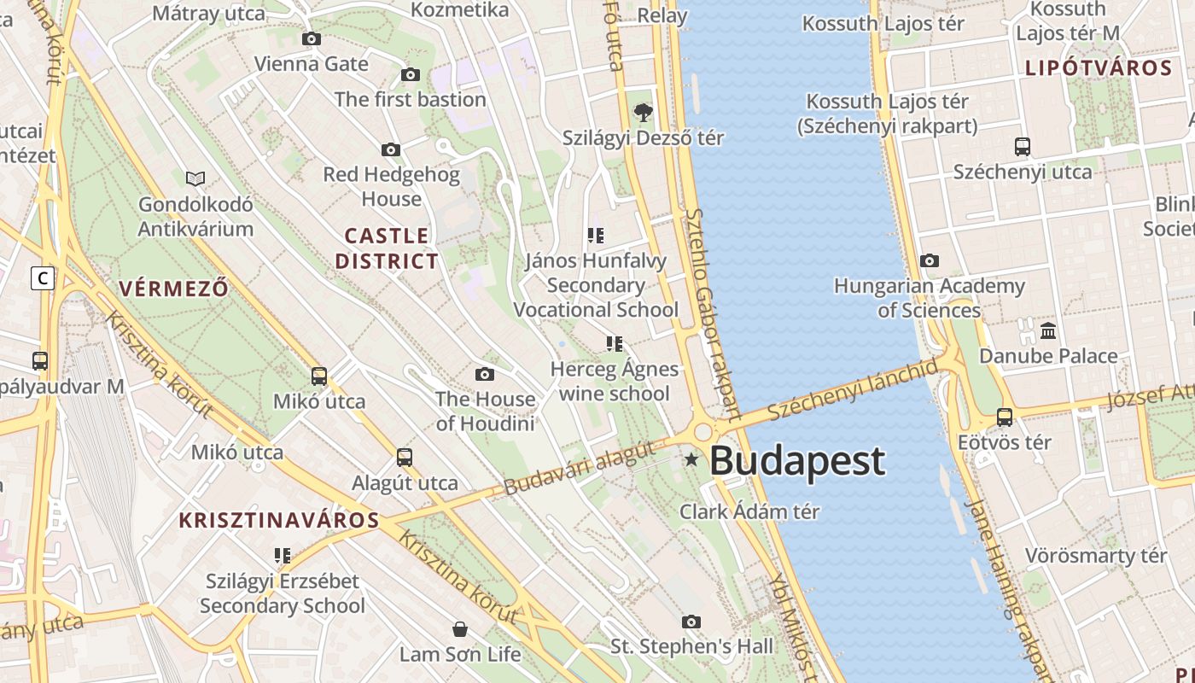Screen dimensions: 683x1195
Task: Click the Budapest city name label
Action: [x=796, y=461]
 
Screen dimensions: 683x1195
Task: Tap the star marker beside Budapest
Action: [x=691, y=460]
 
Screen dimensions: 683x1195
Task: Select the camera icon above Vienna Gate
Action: [x=312, y=38]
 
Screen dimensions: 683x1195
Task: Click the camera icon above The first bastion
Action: [x=411, y=74]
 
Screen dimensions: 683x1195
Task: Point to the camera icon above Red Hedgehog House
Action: [x=391, y=150]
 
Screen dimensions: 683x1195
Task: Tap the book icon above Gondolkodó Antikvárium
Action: [x=195, y=178]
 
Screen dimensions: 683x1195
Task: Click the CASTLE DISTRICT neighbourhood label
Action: [x=387, y=248]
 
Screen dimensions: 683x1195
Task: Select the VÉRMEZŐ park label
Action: [x=174, y=289]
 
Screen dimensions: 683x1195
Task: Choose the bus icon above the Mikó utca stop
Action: [x=319, y=376]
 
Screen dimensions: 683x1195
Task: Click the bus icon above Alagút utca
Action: [x=405, y=458]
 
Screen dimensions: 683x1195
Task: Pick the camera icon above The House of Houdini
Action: [x=485, y=374]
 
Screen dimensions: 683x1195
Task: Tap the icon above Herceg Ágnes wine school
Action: [x=614, y=344]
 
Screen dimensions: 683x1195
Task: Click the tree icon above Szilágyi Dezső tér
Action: [x=643, y=112]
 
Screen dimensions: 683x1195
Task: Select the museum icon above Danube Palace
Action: [x=1048, y=330]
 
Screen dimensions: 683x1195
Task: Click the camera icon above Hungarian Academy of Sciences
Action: [x=930, y=260]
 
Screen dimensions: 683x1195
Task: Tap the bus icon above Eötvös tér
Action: [x=1005, y=417]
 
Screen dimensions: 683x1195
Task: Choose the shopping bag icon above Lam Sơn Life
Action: [x=460, y=629]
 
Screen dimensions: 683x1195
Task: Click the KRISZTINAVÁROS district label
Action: [x=278, y=520]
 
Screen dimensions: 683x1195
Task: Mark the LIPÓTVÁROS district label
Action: [x=1098, y=68]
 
